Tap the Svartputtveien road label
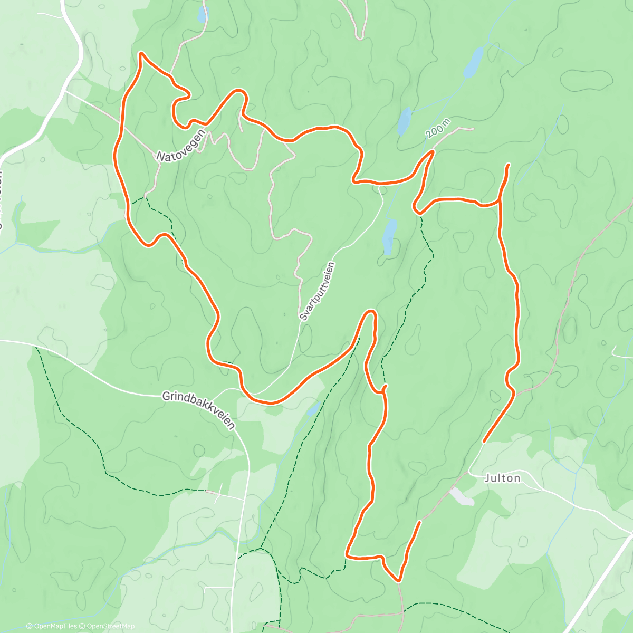pos(317,292)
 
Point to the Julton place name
pos(503,478)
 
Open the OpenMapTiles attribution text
pos(52,626)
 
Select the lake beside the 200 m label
pos(405,121)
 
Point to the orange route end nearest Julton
pos(484,440)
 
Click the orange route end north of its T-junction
pos(509,165)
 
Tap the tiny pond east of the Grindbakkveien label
pos(314,408)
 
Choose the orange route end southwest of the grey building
pos(420,522)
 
